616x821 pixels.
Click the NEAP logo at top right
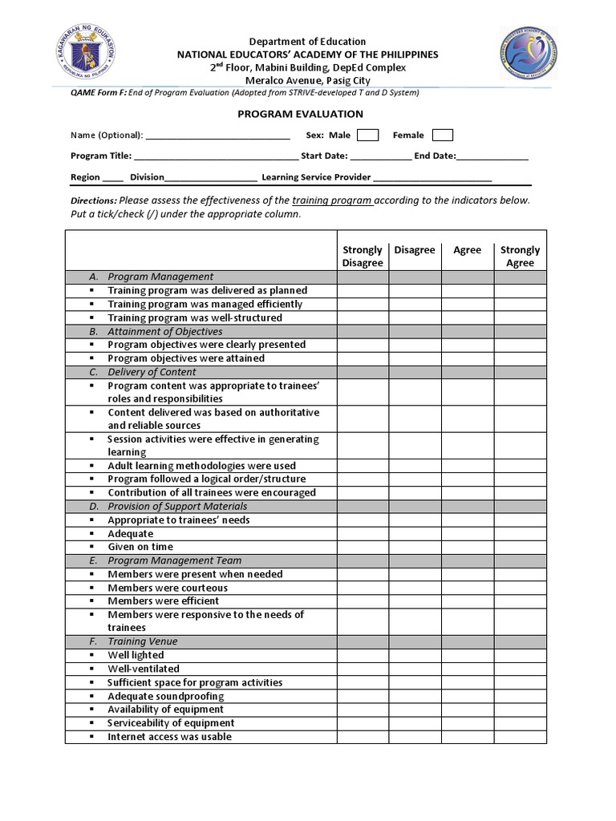[x=528, y=53]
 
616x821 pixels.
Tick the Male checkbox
[x=367, y=135]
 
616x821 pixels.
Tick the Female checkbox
[x=442, y=135]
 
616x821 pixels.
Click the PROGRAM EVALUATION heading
[x=300, y=114]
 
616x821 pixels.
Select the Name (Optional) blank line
[x=217, y=135]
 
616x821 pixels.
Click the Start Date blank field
[x=380, y=156]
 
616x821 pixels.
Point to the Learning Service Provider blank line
[x=432, y=177]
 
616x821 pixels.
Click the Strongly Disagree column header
[x=363, y=256]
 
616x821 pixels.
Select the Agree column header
[x=467, y=250]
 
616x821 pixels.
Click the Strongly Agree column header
[x=520, y=256]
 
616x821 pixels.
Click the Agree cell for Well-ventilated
[x=467, y=669]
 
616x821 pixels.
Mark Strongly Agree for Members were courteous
[x=520, y=588]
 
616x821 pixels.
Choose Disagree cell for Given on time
[x=415, y=547]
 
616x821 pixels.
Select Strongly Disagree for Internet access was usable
[x=363, y=736]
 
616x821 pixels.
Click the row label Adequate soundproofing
[x=166, y=696]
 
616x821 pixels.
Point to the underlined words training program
[x=332, y=200]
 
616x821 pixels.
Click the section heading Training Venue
[x=143, y=641]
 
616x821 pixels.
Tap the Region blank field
[x=113, y=177]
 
